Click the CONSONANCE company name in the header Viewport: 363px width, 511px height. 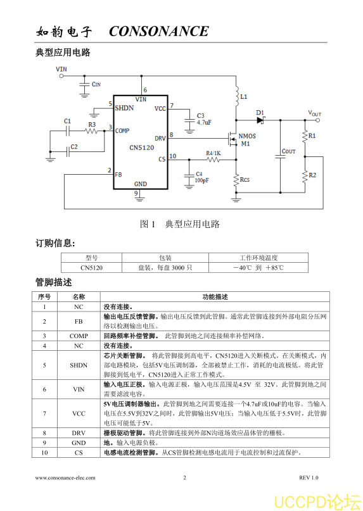pyautogui.click(x=159, y=31)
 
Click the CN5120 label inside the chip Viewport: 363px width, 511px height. pyautogui.click(x=141, y=148)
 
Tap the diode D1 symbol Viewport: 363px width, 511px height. pyautogui.click(x=260, y=120)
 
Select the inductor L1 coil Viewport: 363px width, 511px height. pyautogui.click(x=237, y=96)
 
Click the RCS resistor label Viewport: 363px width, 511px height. pyautogui.click(x=245, y=180)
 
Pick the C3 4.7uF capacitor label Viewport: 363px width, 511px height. pyautogui.click(x=204, y=119)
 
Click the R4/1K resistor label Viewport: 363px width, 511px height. pyautogui.click(x=213, y=153)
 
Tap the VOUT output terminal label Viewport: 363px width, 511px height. pyautogui.click(x=315, y=113)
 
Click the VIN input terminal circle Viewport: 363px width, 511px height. pyautogui.click(x=61, y=76)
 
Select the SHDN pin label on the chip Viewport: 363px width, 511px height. pyautogui.click(x=124, y=108)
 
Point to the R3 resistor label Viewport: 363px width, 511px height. pyautogui.click(x=92, y=125)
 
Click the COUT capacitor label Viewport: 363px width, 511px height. pyautogui.click(x=289, y=151)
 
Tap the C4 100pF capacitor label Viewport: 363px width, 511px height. pyautogui.click(x=202, y=177)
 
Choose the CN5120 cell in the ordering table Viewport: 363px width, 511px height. pyautogui.click(x=91, y=268)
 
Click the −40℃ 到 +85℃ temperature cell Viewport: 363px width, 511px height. pyautogui.click(x=258, y=268)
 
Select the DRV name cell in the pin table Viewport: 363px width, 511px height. pyautogui.click(x=79, y=433)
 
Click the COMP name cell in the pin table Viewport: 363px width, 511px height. pyautogui.click(x=79, y=336)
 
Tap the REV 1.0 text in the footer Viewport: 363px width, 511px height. pyautogui.click(x=309, y=478)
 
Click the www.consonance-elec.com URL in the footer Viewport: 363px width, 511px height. pyautogui.click(x=65, y=478)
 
